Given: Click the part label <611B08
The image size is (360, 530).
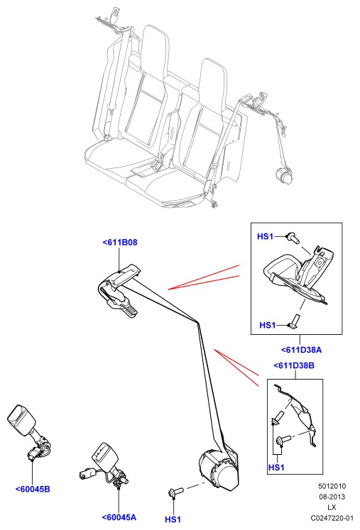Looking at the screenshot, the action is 120,243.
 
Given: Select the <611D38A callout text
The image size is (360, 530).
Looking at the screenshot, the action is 301,350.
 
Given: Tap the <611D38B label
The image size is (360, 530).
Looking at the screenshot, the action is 294,365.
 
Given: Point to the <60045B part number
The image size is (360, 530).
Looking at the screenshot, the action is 33,489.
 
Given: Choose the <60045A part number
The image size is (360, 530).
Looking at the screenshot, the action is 119,517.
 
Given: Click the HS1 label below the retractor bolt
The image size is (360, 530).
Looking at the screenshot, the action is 173,519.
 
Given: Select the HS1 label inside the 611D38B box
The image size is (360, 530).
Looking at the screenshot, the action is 276,468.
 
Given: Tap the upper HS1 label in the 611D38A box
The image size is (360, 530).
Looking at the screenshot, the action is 266,236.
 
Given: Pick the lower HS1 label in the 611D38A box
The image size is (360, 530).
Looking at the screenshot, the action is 267,325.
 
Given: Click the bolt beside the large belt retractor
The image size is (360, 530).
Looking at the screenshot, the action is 176,492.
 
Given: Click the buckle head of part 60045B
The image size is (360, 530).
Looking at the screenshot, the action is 21,418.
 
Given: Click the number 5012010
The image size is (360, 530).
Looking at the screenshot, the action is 332,486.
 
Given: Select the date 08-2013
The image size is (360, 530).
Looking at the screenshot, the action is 332,497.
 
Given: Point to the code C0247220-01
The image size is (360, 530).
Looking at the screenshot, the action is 332,518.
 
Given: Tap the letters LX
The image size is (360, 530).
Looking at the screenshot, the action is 332,507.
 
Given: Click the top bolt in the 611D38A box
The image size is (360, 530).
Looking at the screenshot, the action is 293,238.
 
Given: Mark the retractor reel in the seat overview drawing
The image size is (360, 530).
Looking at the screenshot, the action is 283,175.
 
